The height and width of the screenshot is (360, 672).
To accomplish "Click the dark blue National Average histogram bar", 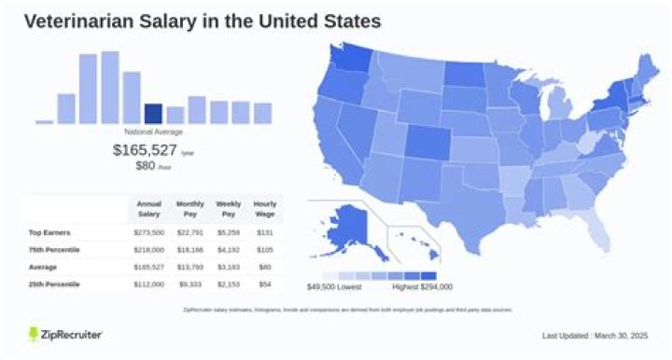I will pos(153,114).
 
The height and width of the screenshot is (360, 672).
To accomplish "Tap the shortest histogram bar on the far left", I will pos(44,121).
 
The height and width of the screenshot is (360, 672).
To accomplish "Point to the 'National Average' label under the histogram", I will pos(153,132).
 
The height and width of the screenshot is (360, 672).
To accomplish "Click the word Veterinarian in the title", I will pos(79,20).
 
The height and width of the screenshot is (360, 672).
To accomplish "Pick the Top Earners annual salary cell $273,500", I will pos(149,233).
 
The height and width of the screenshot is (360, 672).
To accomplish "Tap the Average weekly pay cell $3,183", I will pos(228,266).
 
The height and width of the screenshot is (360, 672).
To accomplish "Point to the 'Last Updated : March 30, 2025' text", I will pos(593,335).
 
